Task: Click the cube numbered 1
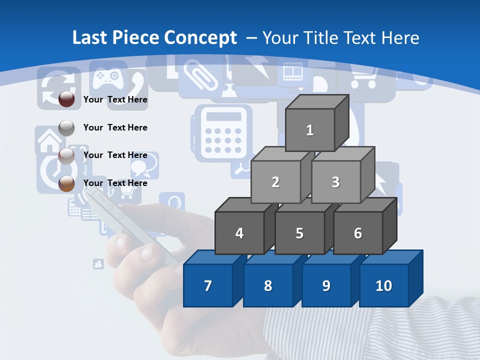310,130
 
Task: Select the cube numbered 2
275,182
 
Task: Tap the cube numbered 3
335,182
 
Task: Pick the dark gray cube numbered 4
239,233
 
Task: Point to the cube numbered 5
299,233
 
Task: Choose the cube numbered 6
358,233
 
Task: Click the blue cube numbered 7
208,285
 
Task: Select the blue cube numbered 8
268,285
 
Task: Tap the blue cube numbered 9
326,285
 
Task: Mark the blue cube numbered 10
384,285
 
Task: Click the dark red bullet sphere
66,99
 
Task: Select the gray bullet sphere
66,128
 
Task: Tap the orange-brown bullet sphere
66,183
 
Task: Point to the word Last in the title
90,37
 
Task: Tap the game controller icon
108,75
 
